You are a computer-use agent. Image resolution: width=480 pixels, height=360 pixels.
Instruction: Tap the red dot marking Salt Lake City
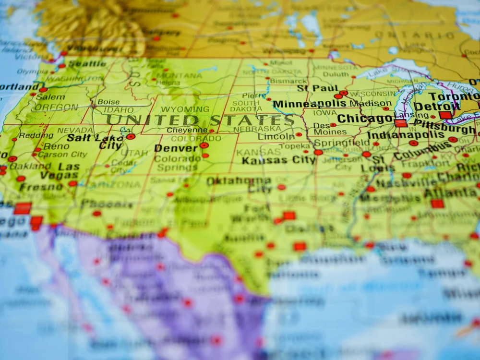point(131,137)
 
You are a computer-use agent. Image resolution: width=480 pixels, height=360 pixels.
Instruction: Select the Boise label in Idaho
point(108,102)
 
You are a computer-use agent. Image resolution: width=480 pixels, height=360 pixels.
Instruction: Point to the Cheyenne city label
point(187,130)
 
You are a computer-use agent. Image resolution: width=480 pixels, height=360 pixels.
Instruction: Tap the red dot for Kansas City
point(318,152)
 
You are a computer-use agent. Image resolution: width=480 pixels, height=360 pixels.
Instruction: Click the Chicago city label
point(365,119)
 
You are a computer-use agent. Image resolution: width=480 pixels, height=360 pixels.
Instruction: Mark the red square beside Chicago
point(400,123)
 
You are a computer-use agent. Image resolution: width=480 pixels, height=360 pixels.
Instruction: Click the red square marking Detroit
point(445,115)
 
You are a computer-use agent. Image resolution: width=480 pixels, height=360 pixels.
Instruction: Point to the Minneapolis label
point(309,104)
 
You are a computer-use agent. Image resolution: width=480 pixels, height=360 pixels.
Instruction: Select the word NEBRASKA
point(257,129)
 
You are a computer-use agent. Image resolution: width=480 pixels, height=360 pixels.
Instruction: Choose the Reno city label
point(56,146)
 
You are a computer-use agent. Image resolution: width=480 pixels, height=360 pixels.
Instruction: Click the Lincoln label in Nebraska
point(276,137)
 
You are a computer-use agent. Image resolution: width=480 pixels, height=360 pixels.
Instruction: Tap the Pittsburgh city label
point(444,129)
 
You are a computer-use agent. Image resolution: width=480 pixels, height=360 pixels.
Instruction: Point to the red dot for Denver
point(204,145)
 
